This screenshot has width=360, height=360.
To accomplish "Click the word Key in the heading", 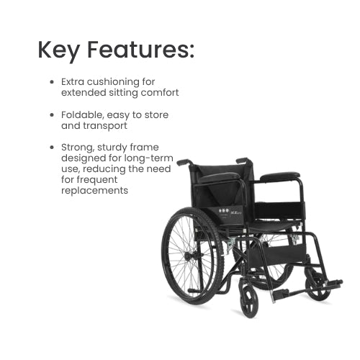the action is tap(58, 51).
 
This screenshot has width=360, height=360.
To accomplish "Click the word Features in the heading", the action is tap(137, 50).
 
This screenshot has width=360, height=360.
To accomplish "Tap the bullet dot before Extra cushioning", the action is tap(52, 82).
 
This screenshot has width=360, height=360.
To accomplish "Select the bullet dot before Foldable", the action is tap(52, 115).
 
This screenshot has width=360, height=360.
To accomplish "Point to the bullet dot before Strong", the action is tap(52, 148).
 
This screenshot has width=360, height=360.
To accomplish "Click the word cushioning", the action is tap(113, 82).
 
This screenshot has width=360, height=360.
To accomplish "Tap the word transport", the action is tap(105, 126).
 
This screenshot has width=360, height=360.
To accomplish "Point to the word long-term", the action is tap(148, 158).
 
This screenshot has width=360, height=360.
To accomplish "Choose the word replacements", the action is tap(94, 191).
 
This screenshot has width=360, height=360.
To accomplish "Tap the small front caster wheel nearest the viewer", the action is tap(249, 298).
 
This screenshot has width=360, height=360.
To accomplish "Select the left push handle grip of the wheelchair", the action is tap(184, 162).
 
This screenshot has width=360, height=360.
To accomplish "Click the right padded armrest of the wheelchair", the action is tap(280, 176).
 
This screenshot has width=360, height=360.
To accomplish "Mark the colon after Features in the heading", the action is tap(192, 52).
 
